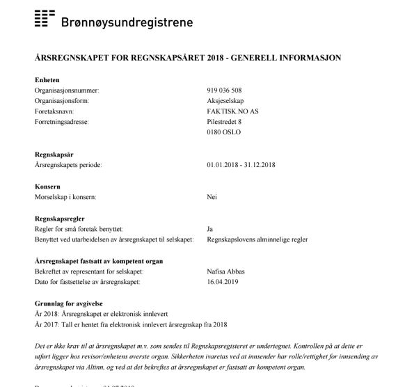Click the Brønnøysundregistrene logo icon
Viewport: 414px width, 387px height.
pyautogui.click(x=45, y=19)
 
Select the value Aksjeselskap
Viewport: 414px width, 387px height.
pyautogui.click(x=225, y=101)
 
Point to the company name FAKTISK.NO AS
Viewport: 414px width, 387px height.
pyautogui.click(x=232, y=111)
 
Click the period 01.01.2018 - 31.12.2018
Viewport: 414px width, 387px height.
pyautogui.click(x=241, y=166)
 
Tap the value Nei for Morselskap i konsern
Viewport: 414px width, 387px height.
pyautogui.click(x=212, y=198)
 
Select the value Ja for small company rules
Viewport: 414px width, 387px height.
pyautogui.click(x=210, y=229)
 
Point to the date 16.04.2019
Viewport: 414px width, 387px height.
pyautogui.click(x=222, y=282)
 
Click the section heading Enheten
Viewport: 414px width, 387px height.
pyautogui.click(x=47, y=81)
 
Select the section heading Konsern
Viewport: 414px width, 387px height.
pyautogui.click(x=47, y=187)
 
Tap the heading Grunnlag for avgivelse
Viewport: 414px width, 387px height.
pyautogui.click(x=70, y=303)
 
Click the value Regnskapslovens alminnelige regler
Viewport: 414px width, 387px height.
pyautogui.click(x=257, y=239)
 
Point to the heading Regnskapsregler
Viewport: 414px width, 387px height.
pyautogui.click(x=61, y=219)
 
